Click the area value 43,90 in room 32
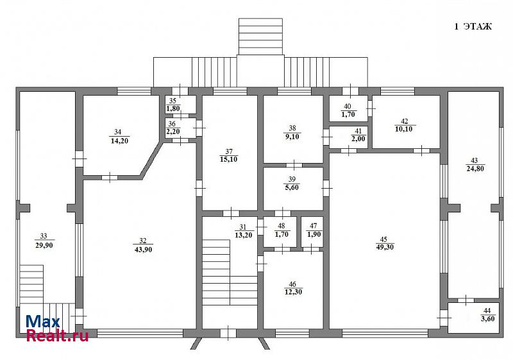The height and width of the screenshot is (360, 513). coord(143,250)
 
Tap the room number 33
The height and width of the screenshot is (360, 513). coord(44,236)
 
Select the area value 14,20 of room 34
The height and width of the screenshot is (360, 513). coord(119,141)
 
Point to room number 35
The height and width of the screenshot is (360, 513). coord(172,101)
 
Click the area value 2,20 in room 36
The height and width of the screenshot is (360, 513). coord(173,132)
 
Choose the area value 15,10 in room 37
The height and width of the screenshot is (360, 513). coord(229,159)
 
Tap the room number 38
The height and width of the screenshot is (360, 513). coord(292,128)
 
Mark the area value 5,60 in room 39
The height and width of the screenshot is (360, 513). coord(292,187)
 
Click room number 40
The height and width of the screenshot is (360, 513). coord(348,107)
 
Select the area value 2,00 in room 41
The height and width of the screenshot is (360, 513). coord(358,139)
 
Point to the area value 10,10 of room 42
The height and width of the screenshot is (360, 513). coord(404,129)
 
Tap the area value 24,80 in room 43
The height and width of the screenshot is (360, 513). coord(475,169)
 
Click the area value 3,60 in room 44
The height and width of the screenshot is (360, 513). coord(488,319)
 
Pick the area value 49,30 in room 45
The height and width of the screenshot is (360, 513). coord(385,248)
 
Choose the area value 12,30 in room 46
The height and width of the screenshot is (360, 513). coord(293,292)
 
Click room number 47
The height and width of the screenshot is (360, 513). coord(313,226)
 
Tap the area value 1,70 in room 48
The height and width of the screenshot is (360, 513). coord(282,234)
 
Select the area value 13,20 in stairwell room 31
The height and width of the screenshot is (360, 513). coord(244,235)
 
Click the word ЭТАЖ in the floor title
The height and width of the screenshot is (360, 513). coord(478,26)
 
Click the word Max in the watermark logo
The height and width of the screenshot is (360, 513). coord(43,322)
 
